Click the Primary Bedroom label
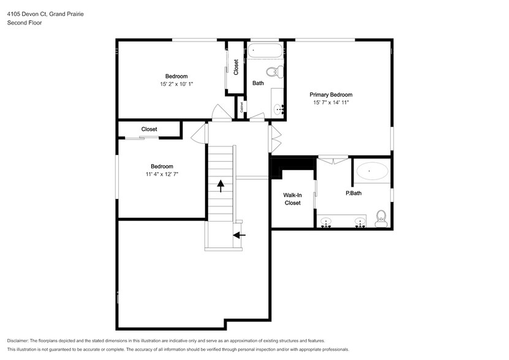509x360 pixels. coord(331,95)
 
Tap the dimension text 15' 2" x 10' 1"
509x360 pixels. coord(176,84)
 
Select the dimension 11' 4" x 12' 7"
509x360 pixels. coord(162,174)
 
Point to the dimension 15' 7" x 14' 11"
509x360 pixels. coord(331,103)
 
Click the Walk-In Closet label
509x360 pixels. coord(292,199)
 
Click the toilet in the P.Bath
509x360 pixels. coord(380,218)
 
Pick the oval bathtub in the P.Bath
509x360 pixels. coord(372,171)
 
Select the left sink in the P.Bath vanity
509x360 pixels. coord(326,222)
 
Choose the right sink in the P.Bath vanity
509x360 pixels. coord(360,222)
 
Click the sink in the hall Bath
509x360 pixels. coord(279,110)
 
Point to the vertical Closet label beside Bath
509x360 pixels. coord(236,67)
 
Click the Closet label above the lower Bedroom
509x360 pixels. coord(149,129)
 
